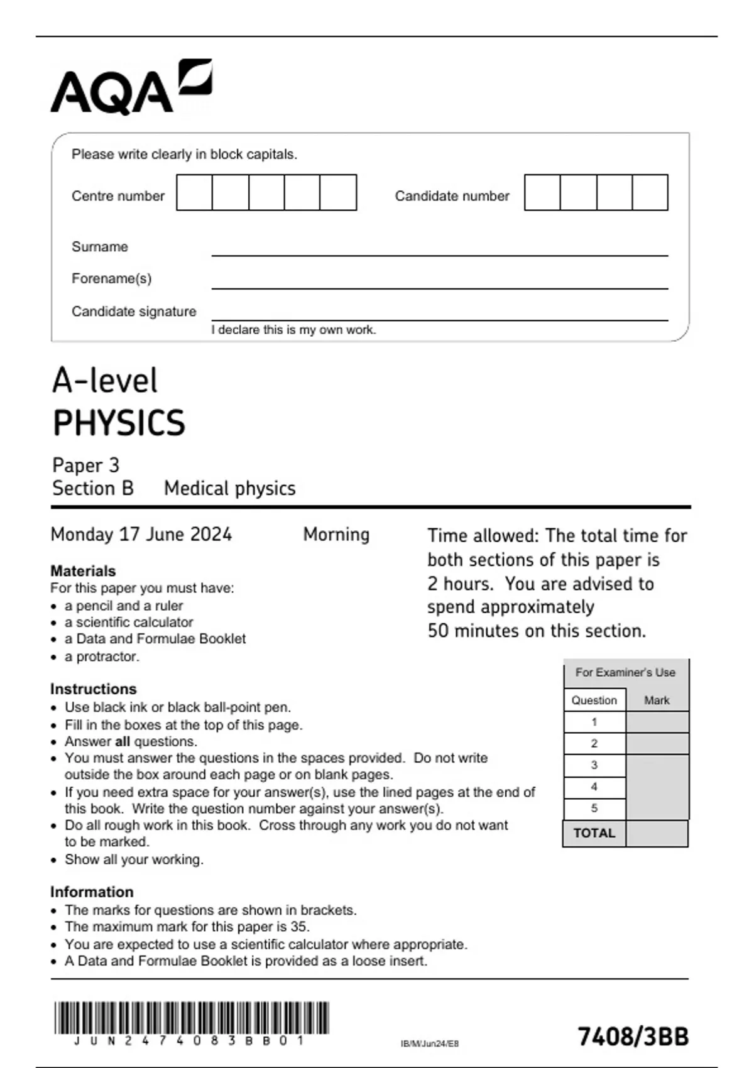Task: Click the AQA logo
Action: pos(131,88)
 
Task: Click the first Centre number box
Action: pos(194,193)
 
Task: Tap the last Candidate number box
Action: pos(650,193)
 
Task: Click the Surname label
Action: pos(99,247)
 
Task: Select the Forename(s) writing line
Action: pos(439,283)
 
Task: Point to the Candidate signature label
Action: pos(134,312)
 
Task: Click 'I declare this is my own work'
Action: pos(293,330)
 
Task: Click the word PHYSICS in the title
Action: pos(119,423)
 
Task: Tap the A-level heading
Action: pos(105,381)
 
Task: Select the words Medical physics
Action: pos(229,489)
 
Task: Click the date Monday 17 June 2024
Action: pos(141,535)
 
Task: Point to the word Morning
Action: pos(336,535)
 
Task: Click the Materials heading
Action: pos(83,571)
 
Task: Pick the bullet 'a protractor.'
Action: pos(102,657)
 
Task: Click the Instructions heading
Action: pos(93,689)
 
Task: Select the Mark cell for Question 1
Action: pos(657,722)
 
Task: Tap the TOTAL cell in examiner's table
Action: pos(594,834)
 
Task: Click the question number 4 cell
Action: pos(594,787)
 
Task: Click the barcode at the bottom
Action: pos(192,1018)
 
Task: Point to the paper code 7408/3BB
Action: pos(633,1037)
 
